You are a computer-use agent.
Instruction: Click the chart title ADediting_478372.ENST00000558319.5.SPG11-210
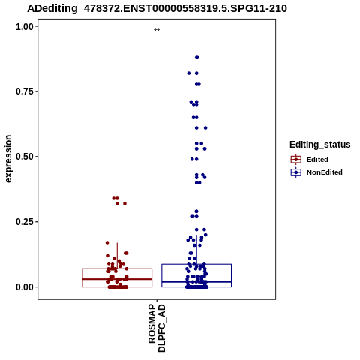[157, 8]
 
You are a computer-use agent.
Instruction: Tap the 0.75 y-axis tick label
[25, 91]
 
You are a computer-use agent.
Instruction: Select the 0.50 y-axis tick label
[25, 157]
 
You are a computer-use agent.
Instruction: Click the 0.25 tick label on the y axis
[25, 222]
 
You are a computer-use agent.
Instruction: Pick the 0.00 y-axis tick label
[25, 287]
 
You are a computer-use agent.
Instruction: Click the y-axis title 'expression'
[8, 159]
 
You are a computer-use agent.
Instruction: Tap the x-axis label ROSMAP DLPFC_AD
[157, 328]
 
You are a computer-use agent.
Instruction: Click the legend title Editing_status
[320, 145]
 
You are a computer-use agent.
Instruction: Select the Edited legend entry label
[317, 160]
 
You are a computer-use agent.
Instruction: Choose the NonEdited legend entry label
[325, 172]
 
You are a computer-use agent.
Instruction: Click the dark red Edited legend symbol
[296, 160]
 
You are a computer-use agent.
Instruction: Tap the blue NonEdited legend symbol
[296, 172]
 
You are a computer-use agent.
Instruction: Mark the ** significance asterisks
[157, 31]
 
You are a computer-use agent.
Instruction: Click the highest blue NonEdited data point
[197, 58]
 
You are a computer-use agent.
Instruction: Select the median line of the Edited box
[117, 279]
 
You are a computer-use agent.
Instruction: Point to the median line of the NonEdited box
[196, 282]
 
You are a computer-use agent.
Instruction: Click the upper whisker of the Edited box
[117, 256]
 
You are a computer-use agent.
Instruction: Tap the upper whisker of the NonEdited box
[196, 250]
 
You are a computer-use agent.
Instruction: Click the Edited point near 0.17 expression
[107, 242]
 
